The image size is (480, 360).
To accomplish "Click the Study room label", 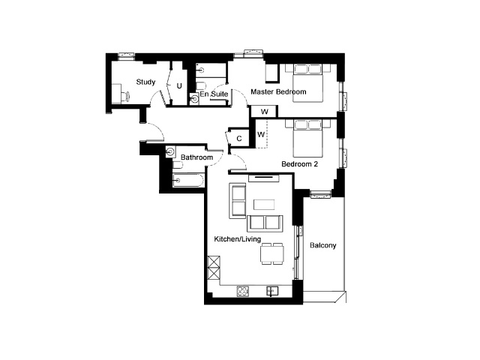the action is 145,82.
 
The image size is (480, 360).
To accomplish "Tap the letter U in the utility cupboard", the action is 179,86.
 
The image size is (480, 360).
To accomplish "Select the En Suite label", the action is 214,94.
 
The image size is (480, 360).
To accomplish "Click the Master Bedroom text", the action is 278,91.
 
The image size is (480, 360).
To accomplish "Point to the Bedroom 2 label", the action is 300,164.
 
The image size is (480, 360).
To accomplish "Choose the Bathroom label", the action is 196,157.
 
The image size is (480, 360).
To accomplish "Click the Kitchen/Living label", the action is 238,238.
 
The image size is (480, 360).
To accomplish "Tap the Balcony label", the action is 323,245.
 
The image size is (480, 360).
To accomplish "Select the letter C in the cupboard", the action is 239,139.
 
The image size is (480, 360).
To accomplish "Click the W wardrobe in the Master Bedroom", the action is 265,112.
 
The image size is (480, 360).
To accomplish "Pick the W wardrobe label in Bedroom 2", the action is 261,134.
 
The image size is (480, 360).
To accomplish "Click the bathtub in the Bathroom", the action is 188,180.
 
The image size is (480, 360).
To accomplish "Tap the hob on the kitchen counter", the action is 243,291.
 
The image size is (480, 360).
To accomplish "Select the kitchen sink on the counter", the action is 272,291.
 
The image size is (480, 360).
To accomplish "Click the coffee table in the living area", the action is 264,205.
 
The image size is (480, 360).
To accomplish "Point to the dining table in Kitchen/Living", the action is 272,253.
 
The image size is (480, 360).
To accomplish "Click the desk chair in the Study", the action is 126,97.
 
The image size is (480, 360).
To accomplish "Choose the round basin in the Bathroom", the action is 170,151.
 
